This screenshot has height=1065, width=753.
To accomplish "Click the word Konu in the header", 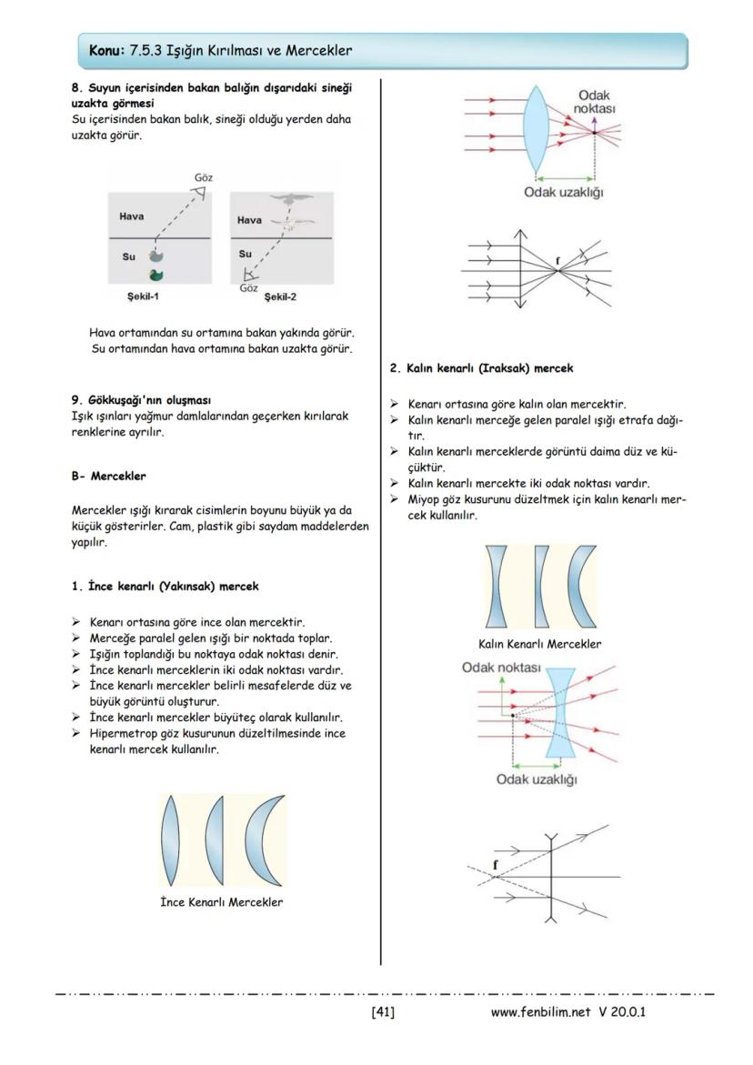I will (106, 50).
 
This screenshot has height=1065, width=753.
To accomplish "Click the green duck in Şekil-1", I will (156, 275).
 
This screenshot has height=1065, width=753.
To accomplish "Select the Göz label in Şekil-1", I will (205, 177).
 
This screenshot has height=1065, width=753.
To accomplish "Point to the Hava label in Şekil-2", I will (249, 220).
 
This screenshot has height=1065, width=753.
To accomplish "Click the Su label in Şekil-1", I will (129, 256).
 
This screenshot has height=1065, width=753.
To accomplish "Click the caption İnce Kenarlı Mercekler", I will (220, 902).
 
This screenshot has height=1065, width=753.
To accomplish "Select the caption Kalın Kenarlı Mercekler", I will (539, 644).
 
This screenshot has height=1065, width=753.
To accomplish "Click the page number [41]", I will (382, 1011).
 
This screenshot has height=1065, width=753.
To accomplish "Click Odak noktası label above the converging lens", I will (595, 102).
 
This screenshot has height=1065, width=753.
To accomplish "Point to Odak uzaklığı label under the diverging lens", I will (537, 779).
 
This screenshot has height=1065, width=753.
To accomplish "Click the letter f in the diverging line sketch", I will (496, 864).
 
